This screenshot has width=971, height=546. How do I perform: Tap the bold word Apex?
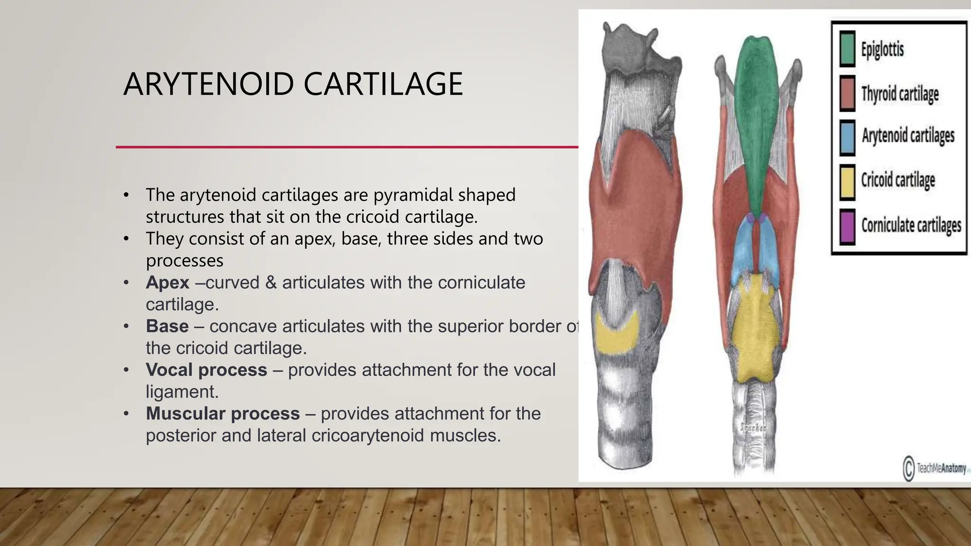pos(167,282)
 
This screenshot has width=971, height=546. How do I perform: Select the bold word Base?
pos(167,326)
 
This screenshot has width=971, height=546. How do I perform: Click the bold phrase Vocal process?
pos(206,370)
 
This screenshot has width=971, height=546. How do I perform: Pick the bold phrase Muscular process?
pos(222,413)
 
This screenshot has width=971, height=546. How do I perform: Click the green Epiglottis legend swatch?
pos(847,48)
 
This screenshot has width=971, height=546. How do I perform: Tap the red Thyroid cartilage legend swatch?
pos(847,93)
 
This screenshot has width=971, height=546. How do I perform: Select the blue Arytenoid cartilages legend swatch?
pos(847,137)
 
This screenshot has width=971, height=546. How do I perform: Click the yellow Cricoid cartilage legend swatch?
pos(847,182)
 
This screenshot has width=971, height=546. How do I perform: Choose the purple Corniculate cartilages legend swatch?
pos(847,227)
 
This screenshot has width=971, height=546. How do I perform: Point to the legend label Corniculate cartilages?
pos(911,226)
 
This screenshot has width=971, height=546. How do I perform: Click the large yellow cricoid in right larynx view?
pos(754,332)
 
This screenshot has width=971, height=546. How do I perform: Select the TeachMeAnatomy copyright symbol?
pos(908,468)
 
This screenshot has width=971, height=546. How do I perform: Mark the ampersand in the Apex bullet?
pos(271,282)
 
